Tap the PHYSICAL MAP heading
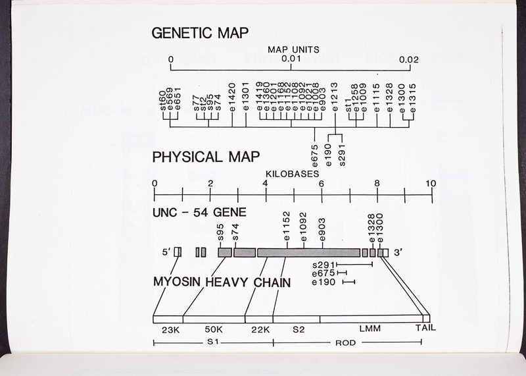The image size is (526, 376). coord(206,157)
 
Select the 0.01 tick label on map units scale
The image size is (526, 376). coord(291,59)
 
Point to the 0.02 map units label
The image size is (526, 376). coord(409,59)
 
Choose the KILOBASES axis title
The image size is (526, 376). coord(293,173)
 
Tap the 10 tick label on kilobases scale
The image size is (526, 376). coord(431,183)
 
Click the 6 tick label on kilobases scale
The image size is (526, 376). coord(322,183)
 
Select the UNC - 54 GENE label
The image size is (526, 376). coord(199,213)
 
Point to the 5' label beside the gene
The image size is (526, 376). coord(166,252)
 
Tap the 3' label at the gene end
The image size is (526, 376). coord(398,252)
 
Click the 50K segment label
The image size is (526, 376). coord(214,328)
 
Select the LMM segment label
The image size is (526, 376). coord(370,327)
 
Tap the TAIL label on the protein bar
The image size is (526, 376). coord(425,327)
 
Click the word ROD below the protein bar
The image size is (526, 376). coord(345,343)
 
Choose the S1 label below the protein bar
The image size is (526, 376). coord(212,343)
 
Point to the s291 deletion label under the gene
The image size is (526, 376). coord(324,265)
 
